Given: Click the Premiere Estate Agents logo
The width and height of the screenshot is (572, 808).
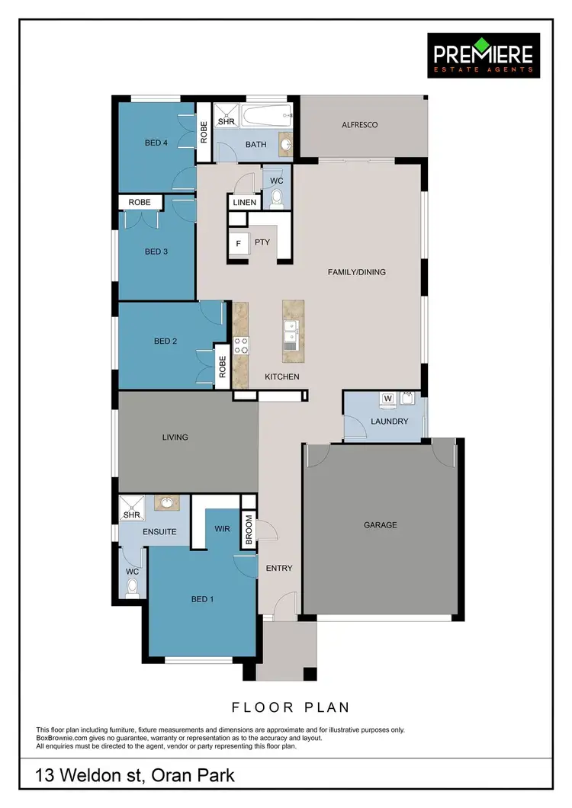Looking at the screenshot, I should click(484, 55).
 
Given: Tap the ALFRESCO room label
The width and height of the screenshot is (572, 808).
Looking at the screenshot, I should click(359, 125).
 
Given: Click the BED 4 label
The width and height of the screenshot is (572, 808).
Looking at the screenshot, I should click(156, 143).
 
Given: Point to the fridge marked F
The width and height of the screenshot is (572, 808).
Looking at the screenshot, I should click(239, 244).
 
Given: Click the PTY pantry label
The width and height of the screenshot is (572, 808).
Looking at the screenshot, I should click(262, 242).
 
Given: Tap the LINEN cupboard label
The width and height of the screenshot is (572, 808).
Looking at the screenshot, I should click(245, 203).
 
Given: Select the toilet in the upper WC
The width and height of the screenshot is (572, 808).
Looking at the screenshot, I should click(276, 198).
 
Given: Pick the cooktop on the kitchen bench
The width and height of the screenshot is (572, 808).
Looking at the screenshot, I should click(241, 345).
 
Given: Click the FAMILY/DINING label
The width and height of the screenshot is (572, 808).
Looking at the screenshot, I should click(356, 272).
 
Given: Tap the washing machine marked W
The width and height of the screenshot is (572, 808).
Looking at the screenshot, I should click(387, 398).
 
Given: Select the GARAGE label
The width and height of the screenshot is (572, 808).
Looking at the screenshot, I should click(379, 525).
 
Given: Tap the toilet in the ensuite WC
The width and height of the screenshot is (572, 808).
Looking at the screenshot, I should click(133, 587).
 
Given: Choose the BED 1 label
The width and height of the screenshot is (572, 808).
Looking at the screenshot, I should click(202, 599).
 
